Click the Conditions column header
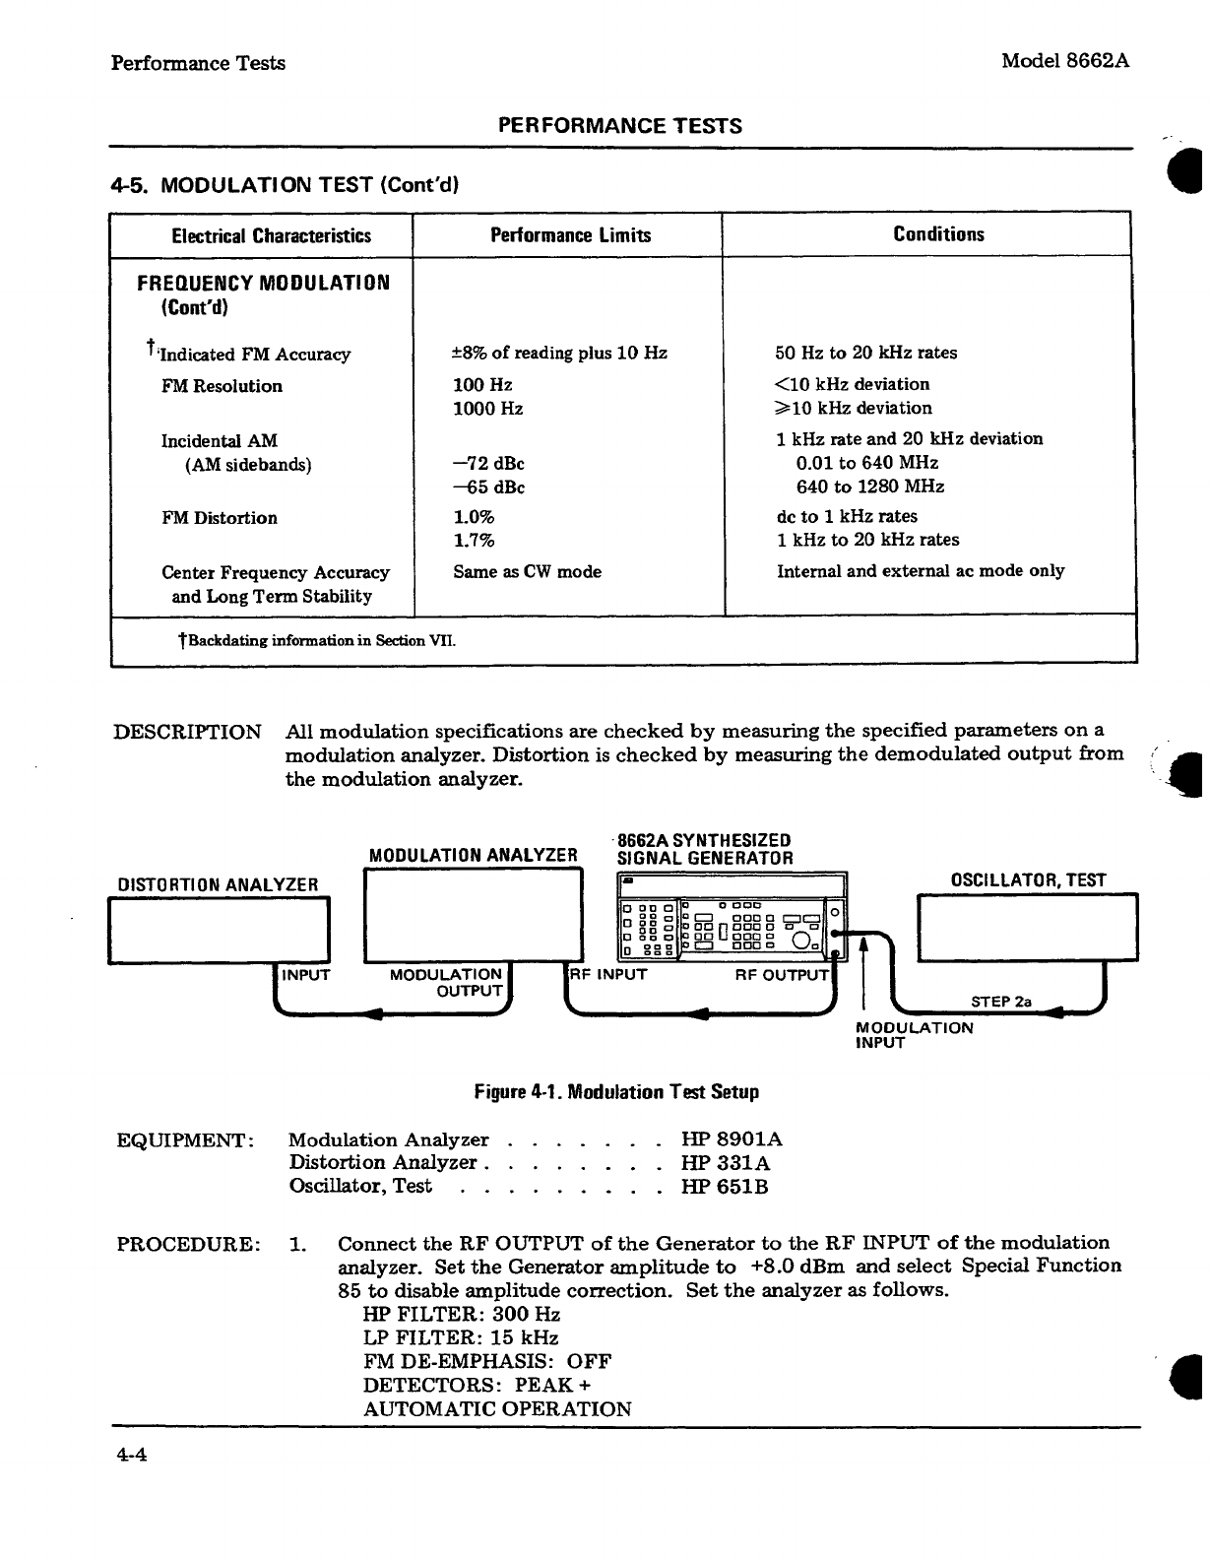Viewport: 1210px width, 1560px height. click(x=938, y=234)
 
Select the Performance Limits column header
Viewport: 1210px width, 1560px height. click(x=570, y=235)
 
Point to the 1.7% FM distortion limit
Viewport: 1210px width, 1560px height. click(x=474, y=541)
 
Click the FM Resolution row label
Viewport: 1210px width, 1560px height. click(x=222, y=386)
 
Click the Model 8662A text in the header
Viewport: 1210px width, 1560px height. click(x=1064, y=61)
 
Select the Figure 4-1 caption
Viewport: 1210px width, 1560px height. click(x=616, y=1092)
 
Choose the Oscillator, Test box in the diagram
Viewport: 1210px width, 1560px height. click(x=1027, y=926)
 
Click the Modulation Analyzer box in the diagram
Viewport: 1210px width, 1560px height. click(x=474, y=916)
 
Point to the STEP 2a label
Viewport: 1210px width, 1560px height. click(x=1000, y=1002)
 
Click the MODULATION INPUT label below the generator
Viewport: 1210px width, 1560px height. click(x=915, y=1035)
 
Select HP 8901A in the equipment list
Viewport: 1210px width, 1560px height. click(x=732, y=1140)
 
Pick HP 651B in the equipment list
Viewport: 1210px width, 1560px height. click(x=725, y=1187)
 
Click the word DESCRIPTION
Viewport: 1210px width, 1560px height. click(x=188, y=733)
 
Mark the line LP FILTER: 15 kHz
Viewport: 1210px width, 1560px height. click(x=461, y=1337)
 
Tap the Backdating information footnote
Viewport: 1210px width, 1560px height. click(x=317, y=641)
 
